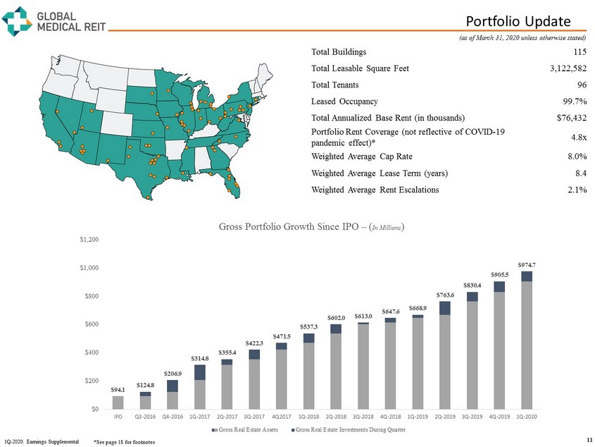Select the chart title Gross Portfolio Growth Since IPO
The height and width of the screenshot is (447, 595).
pos(311,227)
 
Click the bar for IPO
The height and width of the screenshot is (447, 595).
pos(118,402)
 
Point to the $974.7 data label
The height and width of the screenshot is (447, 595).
pos(526,264)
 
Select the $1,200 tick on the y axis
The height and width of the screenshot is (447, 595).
pos(89,240)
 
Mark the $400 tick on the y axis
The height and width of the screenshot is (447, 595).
pos(91,352)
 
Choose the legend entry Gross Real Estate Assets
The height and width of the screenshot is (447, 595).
pos(252,430)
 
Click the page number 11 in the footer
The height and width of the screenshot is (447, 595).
pos(589,440)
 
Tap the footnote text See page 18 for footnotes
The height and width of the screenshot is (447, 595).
pos(124,441)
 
